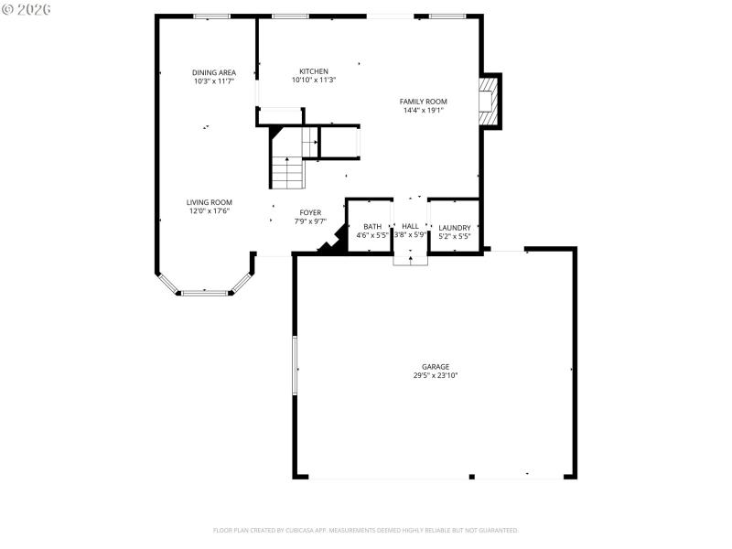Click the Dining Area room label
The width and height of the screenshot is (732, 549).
click(x=213, y=72)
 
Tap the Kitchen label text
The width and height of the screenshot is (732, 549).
click(x=314, y=71)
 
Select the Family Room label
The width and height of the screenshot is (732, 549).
click(x=423, y=101)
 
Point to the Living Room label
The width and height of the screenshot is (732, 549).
click(x=210, y=202)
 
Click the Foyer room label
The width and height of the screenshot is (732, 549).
click(x=310, y=212)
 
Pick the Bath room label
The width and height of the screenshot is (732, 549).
click(x=372, y=227)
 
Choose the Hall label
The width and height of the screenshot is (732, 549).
click(x=410, y=227)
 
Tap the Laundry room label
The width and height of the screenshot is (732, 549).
click(x=455, y=227)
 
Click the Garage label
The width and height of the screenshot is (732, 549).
click(x=435, y=366)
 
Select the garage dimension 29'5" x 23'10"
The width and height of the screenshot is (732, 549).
click(x=435, y=375)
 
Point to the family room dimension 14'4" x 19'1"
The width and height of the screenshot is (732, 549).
click(x=423, y=110)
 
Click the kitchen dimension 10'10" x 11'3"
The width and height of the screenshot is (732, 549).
click(x=314, y=81)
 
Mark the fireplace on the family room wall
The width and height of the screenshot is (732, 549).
click(x=490, y=101)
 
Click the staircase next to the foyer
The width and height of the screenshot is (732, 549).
click(x=287, y=160)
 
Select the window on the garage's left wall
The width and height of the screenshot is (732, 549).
click(x=294, y=365)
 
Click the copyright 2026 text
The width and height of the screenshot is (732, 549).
click(x=27, y=8)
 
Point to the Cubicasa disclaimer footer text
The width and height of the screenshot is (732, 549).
click(x=366, y=530)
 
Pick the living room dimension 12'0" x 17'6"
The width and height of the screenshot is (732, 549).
click(x=210, y=211)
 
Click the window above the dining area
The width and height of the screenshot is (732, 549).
click(x=211, y=16)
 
